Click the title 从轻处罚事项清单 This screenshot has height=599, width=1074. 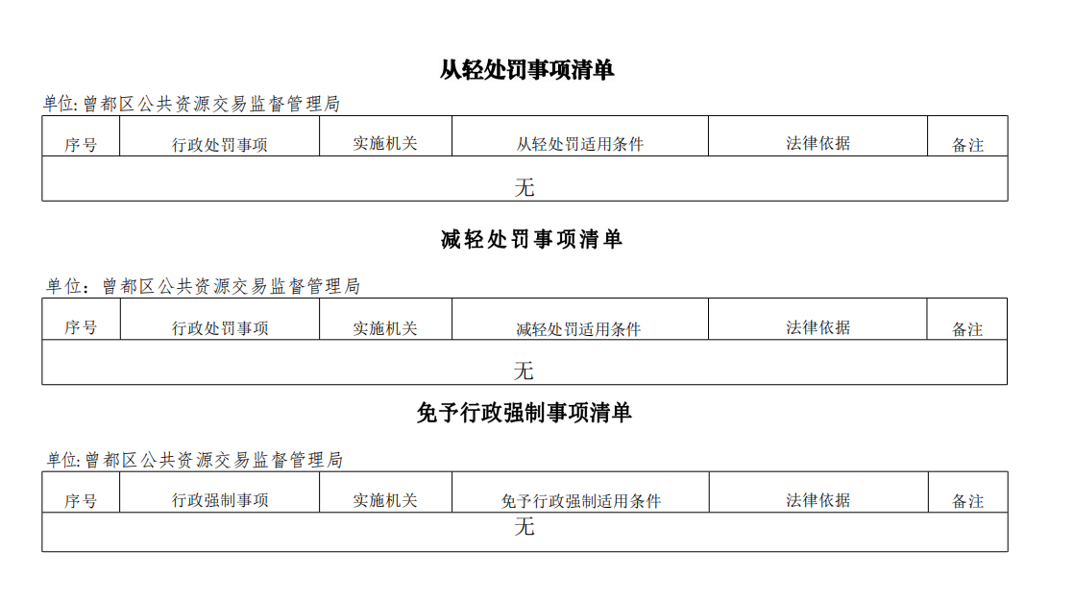[526, 70]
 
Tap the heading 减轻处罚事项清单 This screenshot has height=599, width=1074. [531, 240]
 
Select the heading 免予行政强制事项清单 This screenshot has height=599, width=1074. [524, 413]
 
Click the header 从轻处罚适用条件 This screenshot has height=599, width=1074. [579, 144]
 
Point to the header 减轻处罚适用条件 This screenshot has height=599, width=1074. [578, 329]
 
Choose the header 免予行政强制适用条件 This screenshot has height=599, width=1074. [581, 501]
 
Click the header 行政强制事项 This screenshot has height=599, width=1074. [220, 500]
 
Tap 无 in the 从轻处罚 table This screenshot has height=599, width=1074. [524, 187]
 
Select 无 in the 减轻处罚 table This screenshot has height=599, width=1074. [524, 371]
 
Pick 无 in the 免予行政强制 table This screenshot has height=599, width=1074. [524, 526]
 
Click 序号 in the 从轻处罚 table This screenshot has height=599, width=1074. [81, 145]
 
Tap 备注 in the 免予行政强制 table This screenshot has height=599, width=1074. [967, 501]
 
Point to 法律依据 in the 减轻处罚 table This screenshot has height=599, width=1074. [818, 328]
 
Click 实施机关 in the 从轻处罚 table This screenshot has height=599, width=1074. [385, 144]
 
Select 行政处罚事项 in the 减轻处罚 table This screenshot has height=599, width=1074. [220, 328]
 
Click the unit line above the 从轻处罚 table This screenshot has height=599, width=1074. [191, 104]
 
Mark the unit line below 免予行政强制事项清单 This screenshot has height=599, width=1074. [194, 460]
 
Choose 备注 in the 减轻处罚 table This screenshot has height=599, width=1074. [967, 329]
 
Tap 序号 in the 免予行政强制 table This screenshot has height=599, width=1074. [81, 501]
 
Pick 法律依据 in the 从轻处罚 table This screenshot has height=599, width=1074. [818, 143]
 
